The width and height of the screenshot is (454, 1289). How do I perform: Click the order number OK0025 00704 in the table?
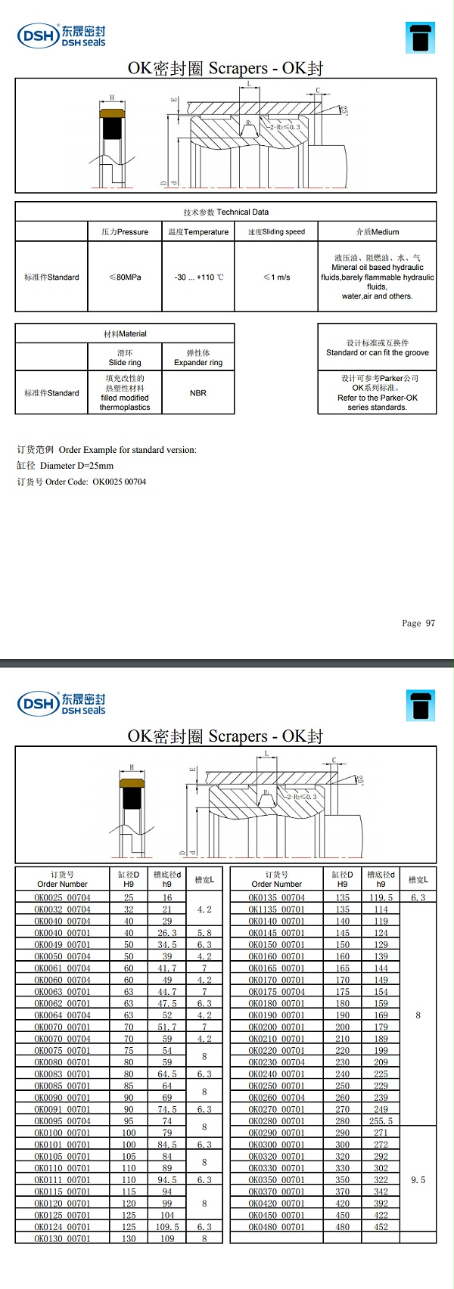tap(62, 897)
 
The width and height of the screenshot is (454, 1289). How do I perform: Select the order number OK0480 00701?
tap(276, 1226)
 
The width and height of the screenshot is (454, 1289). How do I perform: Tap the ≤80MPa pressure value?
tap(125, 277)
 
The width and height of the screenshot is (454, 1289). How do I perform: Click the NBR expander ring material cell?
tap(198, 393)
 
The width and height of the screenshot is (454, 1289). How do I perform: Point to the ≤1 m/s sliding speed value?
tap(276, 277)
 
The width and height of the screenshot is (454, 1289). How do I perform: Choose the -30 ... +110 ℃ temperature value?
tap(198, 277)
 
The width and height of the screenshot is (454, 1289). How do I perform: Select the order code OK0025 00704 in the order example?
tap(120, 482)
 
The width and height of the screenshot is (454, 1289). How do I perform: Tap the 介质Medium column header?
tap(377, 232)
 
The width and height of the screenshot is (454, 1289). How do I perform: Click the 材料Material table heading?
tap(125, 333)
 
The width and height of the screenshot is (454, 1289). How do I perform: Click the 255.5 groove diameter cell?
tap(381, 1121)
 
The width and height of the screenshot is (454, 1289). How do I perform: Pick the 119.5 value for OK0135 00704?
tap(381, 897)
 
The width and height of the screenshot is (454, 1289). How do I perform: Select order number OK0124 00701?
tap(62, 1226)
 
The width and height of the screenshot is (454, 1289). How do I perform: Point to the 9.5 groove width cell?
tap(418, 1179)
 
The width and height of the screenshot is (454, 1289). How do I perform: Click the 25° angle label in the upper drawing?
tap(345, 110)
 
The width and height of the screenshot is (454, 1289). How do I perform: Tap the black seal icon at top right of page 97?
tap(421, 38)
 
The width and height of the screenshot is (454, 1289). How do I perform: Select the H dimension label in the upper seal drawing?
tap(112, 98)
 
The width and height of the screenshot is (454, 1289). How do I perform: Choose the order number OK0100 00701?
tap(62, 1133)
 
